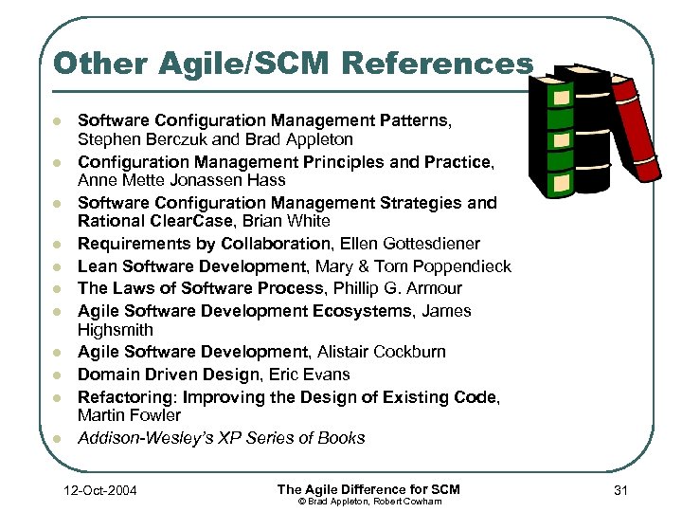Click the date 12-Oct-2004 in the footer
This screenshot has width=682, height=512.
pos(97,490)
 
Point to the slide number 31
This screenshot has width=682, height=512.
pos(621,490)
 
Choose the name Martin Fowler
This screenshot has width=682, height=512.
pos(129,415)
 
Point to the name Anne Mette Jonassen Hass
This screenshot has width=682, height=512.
pos(181,180)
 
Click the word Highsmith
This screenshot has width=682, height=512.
pos(115,330)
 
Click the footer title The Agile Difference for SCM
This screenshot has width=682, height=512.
pos(368,488)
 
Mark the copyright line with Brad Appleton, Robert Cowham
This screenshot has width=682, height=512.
pos(368,501)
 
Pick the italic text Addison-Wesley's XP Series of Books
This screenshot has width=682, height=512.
pos(221,438)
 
